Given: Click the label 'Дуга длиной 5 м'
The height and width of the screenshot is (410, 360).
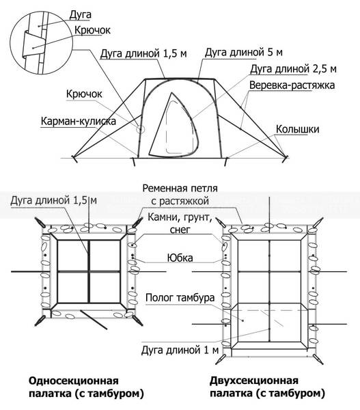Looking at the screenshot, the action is point(243,53).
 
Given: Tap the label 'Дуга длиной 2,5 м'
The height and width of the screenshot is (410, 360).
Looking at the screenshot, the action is point(293,69).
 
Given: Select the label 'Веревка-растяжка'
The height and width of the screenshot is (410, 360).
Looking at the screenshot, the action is point(292,85).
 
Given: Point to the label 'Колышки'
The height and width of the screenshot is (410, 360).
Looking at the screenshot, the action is point(298,129).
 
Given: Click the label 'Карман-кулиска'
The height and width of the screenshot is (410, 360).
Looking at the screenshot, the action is point(78,121).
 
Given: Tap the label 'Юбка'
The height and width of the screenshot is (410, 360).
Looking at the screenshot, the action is point(180,258).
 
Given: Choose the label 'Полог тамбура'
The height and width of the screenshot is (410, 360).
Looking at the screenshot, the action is point(180,297).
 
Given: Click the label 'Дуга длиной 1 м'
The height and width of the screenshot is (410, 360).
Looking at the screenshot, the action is point(180,350).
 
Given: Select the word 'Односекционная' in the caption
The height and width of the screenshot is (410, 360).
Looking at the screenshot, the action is point(74,381).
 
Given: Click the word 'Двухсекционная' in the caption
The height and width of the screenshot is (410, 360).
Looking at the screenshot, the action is point(254,381).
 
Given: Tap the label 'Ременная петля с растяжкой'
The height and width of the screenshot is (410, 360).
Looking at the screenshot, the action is point(180,195).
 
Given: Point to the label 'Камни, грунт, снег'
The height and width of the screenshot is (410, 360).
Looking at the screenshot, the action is point(180,223).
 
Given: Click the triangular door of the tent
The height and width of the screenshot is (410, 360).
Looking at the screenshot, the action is point(174,126).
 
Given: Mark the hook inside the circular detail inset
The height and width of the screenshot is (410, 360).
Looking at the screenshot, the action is point(33,45).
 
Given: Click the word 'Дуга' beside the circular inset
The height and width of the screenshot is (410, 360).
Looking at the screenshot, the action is point(80,14).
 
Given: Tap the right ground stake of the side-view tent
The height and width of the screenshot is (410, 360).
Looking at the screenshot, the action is point(286,159).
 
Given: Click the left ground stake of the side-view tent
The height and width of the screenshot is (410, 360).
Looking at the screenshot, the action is point(74,159).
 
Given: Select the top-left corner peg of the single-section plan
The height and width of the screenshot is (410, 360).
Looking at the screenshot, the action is point(40,223).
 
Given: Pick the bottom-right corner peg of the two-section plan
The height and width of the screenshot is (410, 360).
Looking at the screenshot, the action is point(318,359).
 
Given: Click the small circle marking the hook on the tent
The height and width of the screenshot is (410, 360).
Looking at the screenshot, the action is point(141,129).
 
